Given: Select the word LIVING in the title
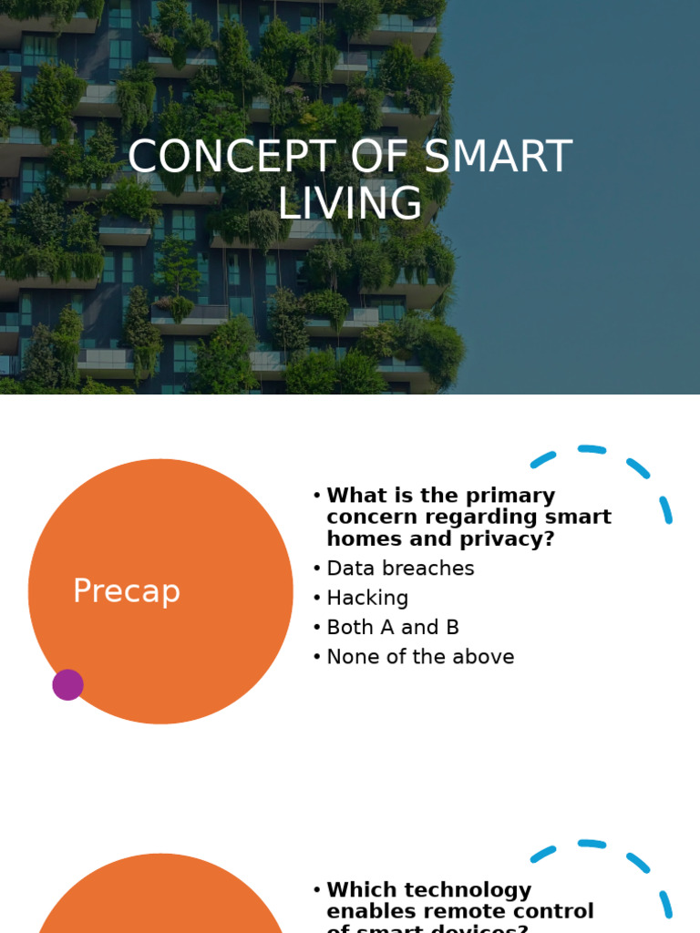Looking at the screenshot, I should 350,202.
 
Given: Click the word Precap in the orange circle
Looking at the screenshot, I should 127,591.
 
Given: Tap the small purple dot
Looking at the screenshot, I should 67,684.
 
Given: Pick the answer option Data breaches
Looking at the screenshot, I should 400,569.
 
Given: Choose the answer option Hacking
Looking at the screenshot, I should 367,598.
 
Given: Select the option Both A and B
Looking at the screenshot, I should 393,627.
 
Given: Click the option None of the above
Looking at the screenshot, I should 420,656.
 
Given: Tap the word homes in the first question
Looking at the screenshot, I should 358,538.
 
